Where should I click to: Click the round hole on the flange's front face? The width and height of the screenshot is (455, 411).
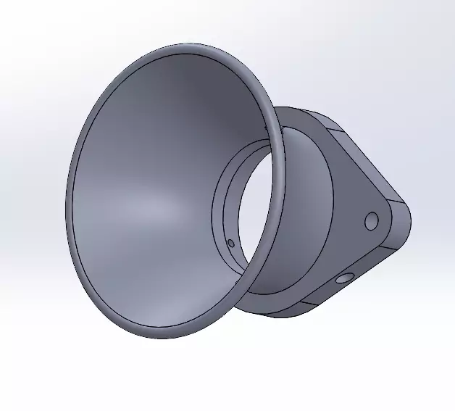click(x=372, y=220)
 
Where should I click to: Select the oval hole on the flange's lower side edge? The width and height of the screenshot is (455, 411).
click(x=343, y=278)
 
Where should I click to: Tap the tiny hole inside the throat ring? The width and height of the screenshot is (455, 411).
click(x=230, y=243)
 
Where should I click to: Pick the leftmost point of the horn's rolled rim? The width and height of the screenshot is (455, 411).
click(x=67, y=210)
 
